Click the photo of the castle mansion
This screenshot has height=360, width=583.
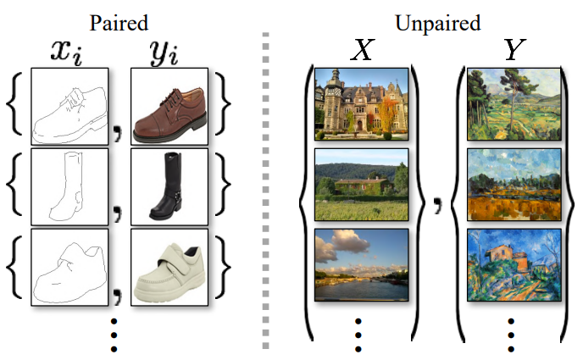(362, 103)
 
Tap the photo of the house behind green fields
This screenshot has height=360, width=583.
(362, 184)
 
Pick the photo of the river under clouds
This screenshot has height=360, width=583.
(362, 264)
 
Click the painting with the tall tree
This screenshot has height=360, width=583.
(514, 103)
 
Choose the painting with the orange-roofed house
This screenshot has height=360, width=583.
(514, 264)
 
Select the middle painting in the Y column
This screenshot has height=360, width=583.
(514, 184)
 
